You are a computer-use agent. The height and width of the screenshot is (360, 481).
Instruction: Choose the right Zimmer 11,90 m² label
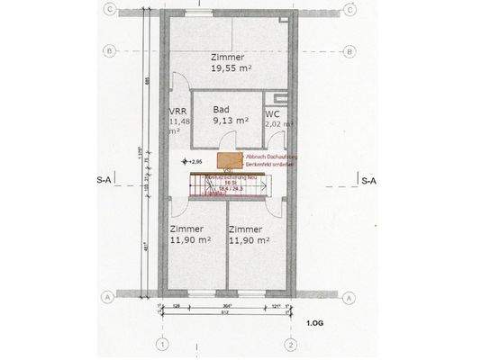click(x=250, y=234)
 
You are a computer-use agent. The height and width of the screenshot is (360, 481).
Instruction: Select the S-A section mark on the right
click(x=368, y=180)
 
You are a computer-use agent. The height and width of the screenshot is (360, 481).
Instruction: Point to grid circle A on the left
click(x=109, y=296)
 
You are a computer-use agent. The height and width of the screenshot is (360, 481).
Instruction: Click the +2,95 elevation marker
click(x=192, y=161)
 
